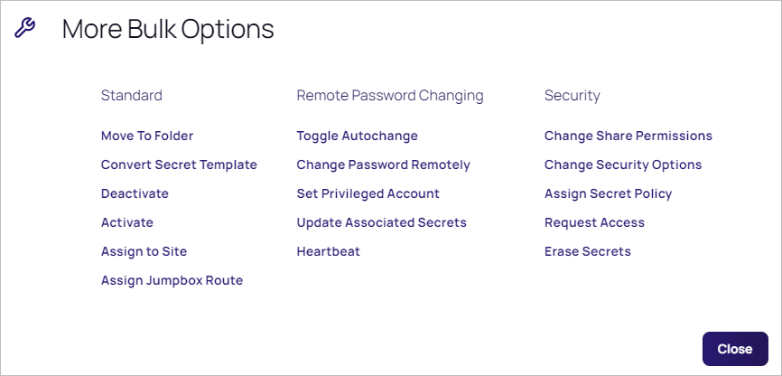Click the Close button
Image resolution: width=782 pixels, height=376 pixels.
tap(735, 349)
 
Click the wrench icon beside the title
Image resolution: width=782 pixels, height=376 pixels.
tap(24, 28)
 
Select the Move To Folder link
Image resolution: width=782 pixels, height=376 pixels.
tap(147, 136)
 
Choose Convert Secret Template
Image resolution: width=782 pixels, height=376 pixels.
tap(179, 164)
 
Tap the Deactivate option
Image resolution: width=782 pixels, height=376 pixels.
tap(135, 193)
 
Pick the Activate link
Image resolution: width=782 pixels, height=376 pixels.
tap(127, 222)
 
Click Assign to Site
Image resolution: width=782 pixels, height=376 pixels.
tap(144, 251)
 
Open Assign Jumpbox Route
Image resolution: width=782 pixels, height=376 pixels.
tap(172, 280)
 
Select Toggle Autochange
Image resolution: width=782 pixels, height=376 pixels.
tap(357, 136)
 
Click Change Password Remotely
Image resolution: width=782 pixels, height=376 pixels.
tap(384, 164)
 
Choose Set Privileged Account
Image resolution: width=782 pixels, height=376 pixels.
tap(368, 193)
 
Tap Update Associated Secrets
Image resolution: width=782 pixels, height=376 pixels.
tap(382, 222)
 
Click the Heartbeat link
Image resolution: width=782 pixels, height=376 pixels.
tap(328, 251)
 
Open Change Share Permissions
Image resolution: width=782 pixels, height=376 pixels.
tap(628, 136)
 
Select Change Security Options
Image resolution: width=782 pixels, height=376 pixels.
tap(623, 164)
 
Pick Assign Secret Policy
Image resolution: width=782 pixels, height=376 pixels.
tap(609, 193)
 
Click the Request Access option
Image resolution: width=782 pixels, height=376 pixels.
tap(594, 222)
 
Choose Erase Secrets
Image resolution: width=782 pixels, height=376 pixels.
tap(588, 251)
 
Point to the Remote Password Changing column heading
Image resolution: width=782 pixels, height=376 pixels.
tap(390, 96)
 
